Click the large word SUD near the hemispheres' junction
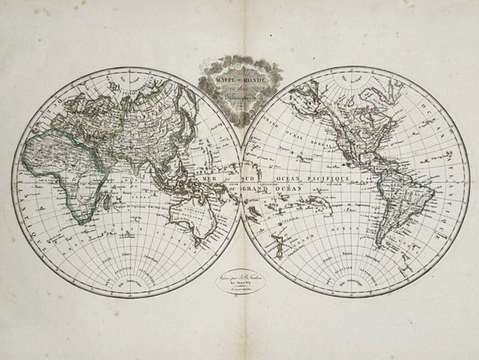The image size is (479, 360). tap(231, 179)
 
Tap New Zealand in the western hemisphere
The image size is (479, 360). tap(278, 246)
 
